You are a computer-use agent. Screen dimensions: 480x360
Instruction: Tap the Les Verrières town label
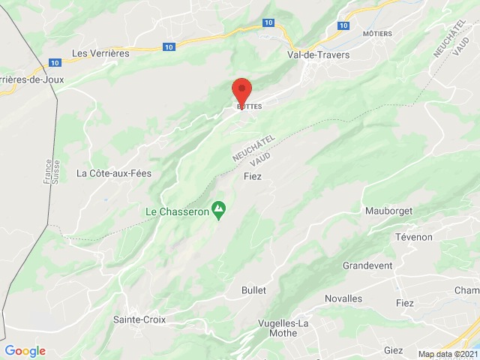100,53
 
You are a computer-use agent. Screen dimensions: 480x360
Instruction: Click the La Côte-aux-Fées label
114,173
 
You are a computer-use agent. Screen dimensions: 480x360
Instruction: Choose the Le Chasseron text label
176,211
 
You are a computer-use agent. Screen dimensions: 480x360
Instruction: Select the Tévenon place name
414,237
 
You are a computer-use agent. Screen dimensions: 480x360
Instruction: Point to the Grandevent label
368,266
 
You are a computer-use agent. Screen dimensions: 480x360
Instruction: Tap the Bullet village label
253,290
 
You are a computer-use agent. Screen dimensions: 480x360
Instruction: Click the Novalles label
343,298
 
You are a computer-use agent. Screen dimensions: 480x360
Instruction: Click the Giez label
393,350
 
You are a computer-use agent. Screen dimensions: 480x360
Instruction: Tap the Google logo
25,351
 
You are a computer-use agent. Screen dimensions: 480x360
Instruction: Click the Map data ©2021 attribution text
447,354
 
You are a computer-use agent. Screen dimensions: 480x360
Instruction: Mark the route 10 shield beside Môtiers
343,25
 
